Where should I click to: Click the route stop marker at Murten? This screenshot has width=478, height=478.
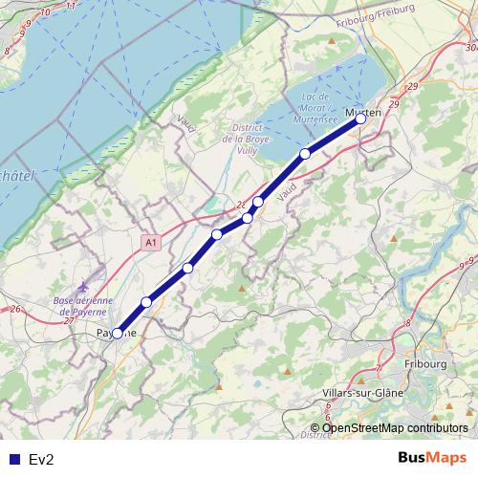[x=361, y=119]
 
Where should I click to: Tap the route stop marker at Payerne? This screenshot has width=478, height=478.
[x=118, y=334]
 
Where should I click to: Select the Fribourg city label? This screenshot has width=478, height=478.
[x=424, y=364]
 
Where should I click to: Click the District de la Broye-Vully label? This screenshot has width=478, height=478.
[x=252, y=140]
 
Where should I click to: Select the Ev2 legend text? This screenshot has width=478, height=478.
[x=42, y=460]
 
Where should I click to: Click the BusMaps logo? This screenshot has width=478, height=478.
[x=431, y=458]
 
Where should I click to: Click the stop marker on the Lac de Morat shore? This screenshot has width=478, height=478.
[x=305, y=154]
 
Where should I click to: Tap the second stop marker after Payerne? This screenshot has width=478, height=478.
[x=188, y=268]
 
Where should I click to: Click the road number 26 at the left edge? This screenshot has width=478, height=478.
[x=15, y=309]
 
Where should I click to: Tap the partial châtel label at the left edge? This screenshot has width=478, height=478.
[x=16, y=176]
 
